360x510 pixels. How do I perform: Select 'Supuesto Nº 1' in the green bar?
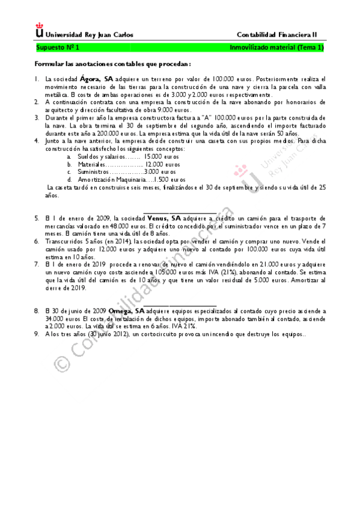tap(58, 47)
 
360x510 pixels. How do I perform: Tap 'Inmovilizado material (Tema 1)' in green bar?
tap(277, 47)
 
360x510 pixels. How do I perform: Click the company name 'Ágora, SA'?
tap(96, 79)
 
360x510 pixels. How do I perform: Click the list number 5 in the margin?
tap(37, 218)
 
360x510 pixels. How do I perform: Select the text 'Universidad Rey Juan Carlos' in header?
tap(90, 34)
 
